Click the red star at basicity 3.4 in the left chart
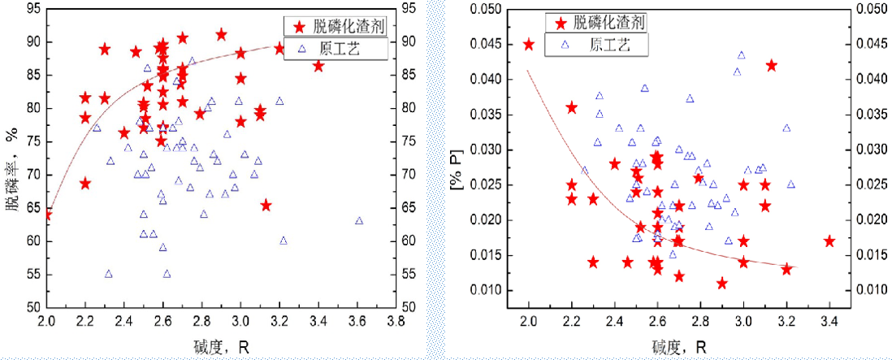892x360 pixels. tap(318, 66)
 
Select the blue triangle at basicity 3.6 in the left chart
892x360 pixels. tap(359, 220)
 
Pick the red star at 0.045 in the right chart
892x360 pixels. tap(529, 45)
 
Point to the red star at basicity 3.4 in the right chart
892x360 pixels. tap(829, 241)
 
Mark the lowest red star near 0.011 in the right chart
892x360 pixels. tap(722, 284)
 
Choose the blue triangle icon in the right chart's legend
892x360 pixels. tap(558, 45)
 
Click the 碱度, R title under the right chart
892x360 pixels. tap(679, 348)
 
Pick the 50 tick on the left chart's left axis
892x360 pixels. tap(30, 307)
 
